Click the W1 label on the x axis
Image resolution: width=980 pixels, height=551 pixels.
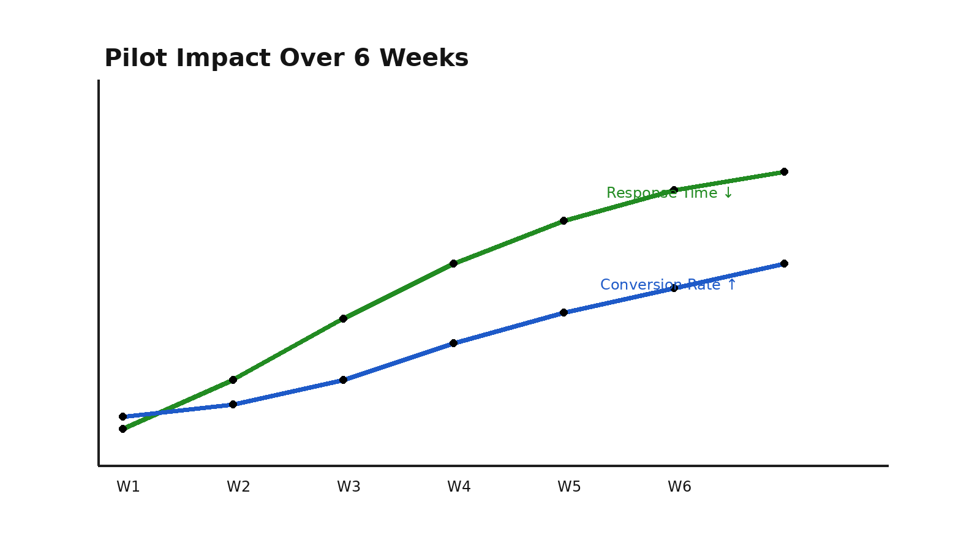pos(128,487)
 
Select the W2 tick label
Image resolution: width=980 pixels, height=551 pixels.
pos(238,487)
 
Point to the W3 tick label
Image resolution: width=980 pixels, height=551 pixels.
pos(349,487)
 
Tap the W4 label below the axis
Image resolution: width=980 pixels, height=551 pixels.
pos(459,487)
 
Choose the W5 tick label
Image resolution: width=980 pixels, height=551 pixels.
pos(569,487)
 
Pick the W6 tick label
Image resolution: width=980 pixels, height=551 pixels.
pos(679,487)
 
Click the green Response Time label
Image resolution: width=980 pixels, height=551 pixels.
pos(669,193)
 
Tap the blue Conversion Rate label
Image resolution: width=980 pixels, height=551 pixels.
pos(668,285)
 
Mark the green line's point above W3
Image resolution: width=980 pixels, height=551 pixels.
pos(343,318)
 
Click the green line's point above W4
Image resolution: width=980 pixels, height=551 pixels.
pos(453,263)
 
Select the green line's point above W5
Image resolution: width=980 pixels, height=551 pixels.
pos(563,220)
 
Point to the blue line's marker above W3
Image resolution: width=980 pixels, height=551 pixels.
pos(343,380)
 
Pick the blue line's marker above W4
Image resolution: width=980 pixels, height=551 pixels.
pos(453,343)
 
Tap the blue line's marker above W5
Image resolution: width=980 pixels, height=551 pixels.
pos(563,312)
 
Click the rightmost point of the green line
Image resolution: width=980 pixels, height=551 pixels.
pos(784,171)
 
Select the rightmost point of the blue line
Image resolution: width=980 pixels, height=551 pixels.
pos(784,263)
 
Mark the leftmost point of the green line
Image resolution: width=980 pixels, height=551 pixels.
pos(123,429)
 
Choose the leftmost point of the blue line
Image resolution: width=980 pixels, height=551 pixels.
pos(123,416)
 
